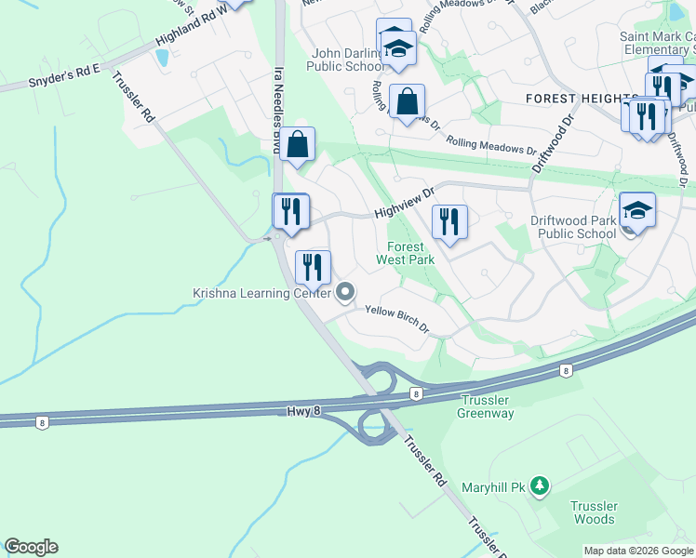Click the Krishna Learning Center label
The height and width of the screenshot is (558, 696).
click(261, 293)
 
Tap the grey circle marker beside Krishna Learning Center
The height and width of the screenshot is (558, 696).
click(345, 294)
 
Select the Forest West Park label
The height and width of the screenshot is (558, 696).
click(405, 254)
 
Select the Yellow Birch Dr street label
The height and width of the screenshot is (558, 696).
click(396, 320)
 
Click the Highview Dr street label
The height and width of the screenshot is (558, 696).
click(405, 202)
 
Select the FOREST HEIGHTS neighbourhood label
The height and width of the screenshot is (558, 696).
click(581, 98)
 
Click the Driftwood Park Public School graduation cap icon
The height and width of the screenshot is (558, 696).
click(638, 211)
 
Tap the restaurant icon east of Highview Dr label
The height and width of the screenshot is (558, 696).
click(449, 221)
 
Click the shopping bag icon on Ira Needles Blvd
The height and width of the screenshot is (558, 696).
click(297, 144)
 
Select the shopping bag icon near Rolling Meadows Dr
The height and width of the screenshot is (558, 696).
click(408, 101)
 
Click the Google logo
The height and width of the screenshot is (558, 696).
click(31, 547)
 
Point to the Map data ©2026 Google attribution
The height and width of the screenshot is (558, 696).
click(638, 551)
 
